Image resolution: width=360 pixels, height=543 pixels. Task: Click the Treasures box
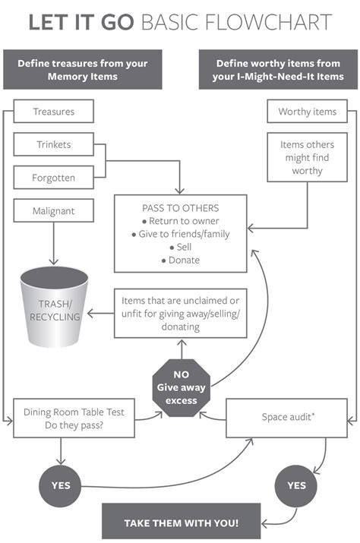pyautogui.click(x=53, y=112)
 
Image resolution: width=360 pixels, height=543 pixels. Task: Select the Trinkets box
pyautogui.click(x=53, y=144)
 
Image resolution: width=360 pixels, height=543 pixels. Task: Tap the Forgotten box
pyautogui.click(x=53, y=178)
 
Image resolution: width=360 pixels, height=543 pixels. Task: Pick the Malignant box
pyautogui.click(x=53, y=210)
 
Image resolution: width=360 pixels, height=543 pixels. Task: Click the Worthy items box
pyautogui.click(x=307, y=112)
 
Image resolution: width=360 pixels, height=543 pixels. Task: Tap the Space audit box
pyautogui.click(x=289, y=417)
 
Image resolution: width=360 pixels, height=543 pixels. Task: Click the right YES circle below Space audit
pyautogui.click(x=297, y=485)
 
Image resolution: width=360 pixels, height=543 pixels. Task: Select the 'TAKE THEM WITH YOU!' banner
pyautogui.click(x=182, y=522)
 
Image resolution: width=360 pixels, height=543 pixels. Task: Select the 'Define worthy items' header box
pyautogui.click(x=279, y=70)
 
